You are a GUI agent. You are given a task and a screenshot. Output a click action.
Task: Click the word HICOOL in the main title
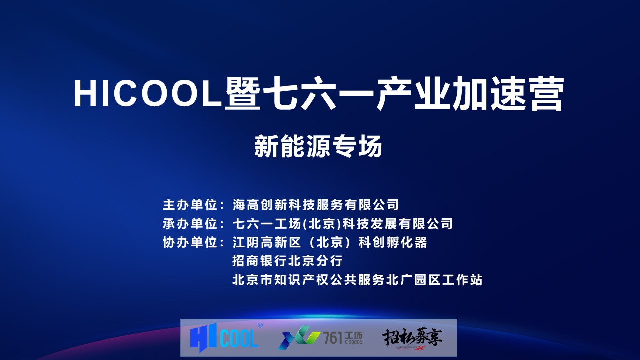(x=148, y=93)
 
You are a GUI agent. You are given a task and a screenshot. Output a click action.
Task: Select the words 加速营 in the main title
(x=508, y=93)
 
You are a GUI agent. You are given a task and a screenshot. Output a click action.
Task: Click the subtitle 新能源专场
(x=318, y=146)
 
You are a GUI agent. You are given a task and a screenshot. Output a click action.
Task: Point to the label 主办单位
(x=190, y=205)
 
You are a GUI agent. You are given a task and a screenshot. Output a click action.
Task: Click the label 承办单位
(x=190, y=224)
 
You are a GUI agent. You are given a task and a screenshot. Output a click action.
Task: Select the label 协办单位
(x=190, y=242)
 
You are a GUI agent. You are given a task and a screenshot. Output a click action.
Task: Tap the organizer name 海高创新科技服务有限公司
(x=315, y=205)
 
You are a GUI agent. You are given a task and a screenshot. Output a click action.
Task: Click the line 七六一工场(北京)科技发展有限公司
(x=343, y=224)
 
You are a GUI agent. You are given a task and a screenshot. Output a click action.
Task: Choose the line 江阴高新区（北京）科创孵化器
(x=330, y=242)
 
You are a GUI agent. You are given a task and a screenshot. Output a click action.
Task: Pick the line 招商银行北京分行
(x=287, y=261)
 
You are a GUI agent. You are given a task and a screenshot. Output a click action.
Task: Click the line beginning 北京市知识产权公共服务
(x=357, y=279)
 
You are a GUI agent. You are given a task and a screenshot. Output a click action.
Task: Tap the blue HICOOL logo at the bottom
(x=224, y=338)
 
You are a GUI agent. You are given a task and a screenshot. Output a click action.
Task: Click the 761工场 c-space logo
(x=320, y=338)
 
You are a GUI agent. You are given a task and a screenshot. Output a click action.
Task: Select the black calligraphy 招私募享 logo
(x=412, y=337)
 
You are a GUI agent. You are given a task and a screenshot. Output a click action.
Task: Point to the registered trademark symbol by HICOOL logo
(x=260, y=325)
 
